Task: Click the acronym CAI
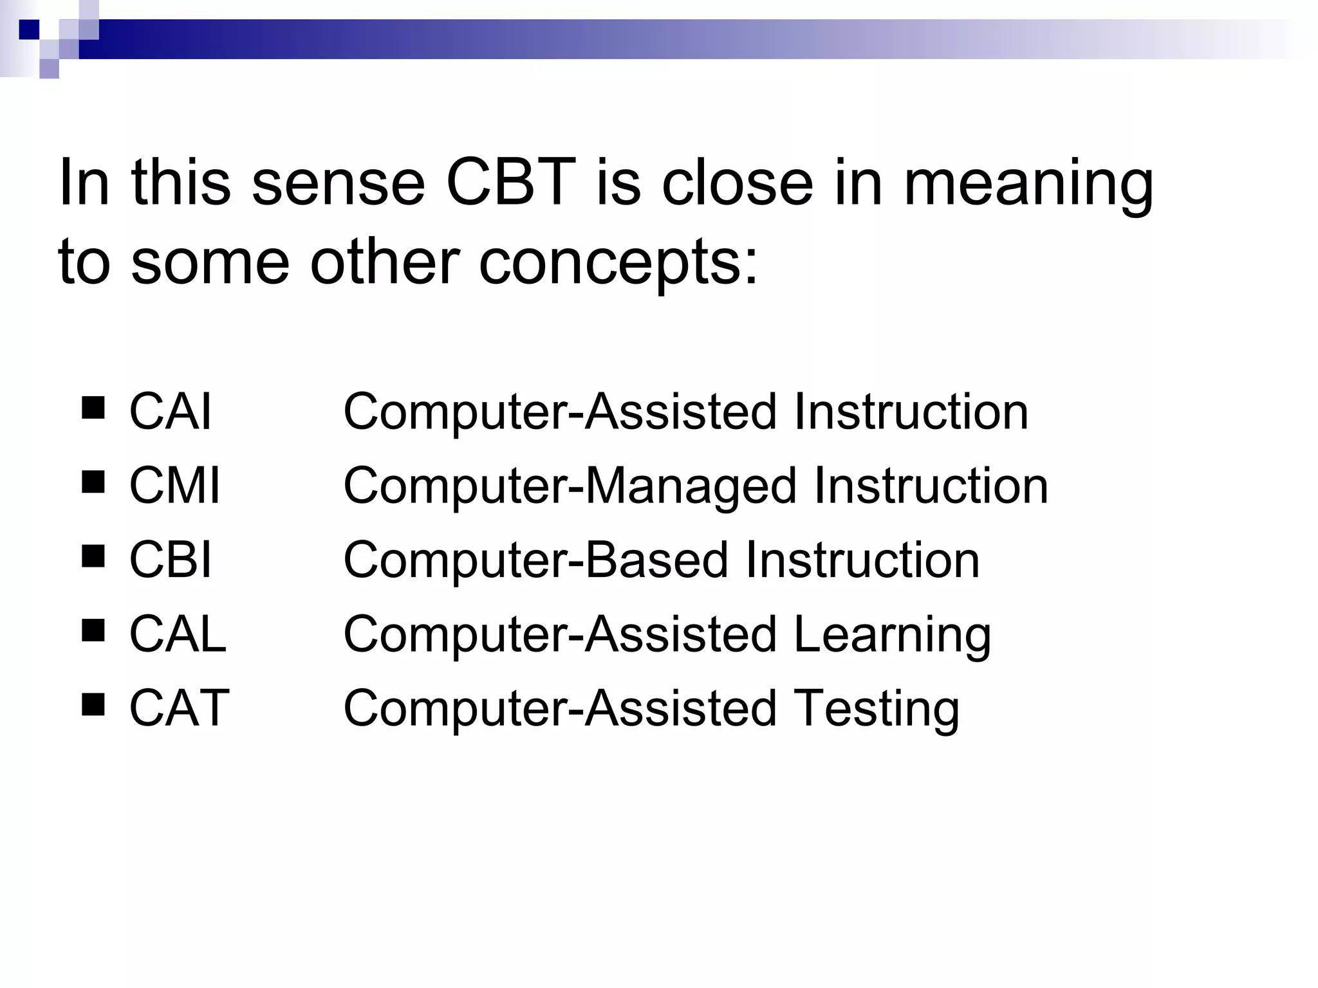click(170, 412)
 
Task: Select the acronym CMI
click(174, 486)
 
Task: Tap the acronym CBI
click(170, 560)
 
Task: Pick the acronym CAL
click(178, 634)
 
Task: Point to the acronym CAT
click(179, 708)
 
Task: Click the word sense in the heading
click(339, 183)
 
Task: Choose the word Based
click(657, 560)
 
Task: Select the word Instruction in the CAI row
click(911, 412)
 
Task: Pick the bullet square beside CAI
click(93, 408)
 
